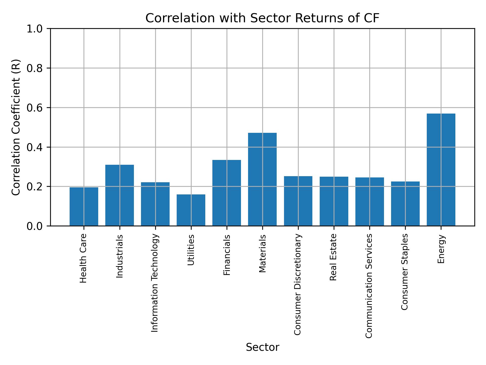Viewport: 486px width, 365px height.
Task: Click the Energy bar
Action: (x=441, y=170)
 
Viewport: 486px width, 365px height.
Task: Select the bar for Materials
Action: (x=262, y=179)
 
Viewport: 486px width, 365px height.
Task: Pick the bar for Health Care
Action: (x=84, y=206)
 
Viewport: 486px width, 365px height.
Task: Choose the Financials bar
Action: (x=227, y=193)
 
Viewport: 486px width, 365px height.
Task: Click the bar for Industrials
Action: (x=119, y=195)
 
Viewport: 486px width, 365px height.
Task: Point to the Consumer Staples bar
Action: (x=405, y=204)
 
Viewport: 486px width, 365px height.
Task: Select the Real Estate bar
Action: (x=334, y=201)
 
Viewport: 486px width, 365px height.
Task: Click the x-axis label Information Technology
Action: (x=155, y=283)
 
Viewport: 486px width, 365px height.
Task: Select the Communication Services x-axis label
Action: (x=369, y=286)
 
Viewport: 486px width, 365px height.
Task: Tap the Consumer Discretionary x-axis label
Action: (x=298, y=284)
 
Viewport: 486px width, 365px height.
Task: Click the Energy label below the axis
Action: (x=441, y=249)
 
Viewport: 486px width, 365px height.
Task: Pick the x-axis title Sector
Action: (x=262, y=347)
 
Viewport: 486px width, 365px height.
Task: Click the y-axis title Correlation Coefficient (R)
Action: (x=16, y=127)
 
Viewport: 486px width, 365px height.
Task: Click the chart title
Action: (x=262, y=18)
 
